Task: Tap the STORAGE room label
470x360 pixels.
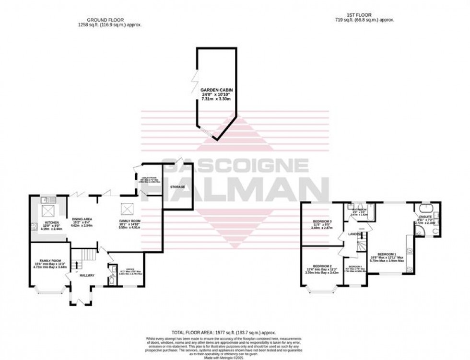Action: pos(176,186)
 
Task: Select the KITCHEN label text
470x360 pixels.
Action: pos(51,223)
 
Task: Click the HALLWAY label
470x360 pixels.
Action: pos(87,275)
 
